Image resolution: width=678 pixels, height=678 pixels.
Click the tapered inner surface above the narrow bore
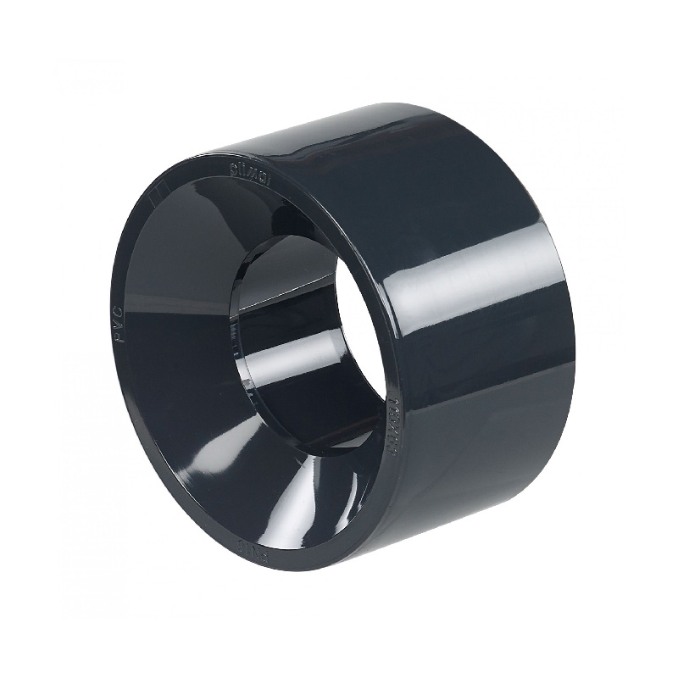point(254,220)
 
